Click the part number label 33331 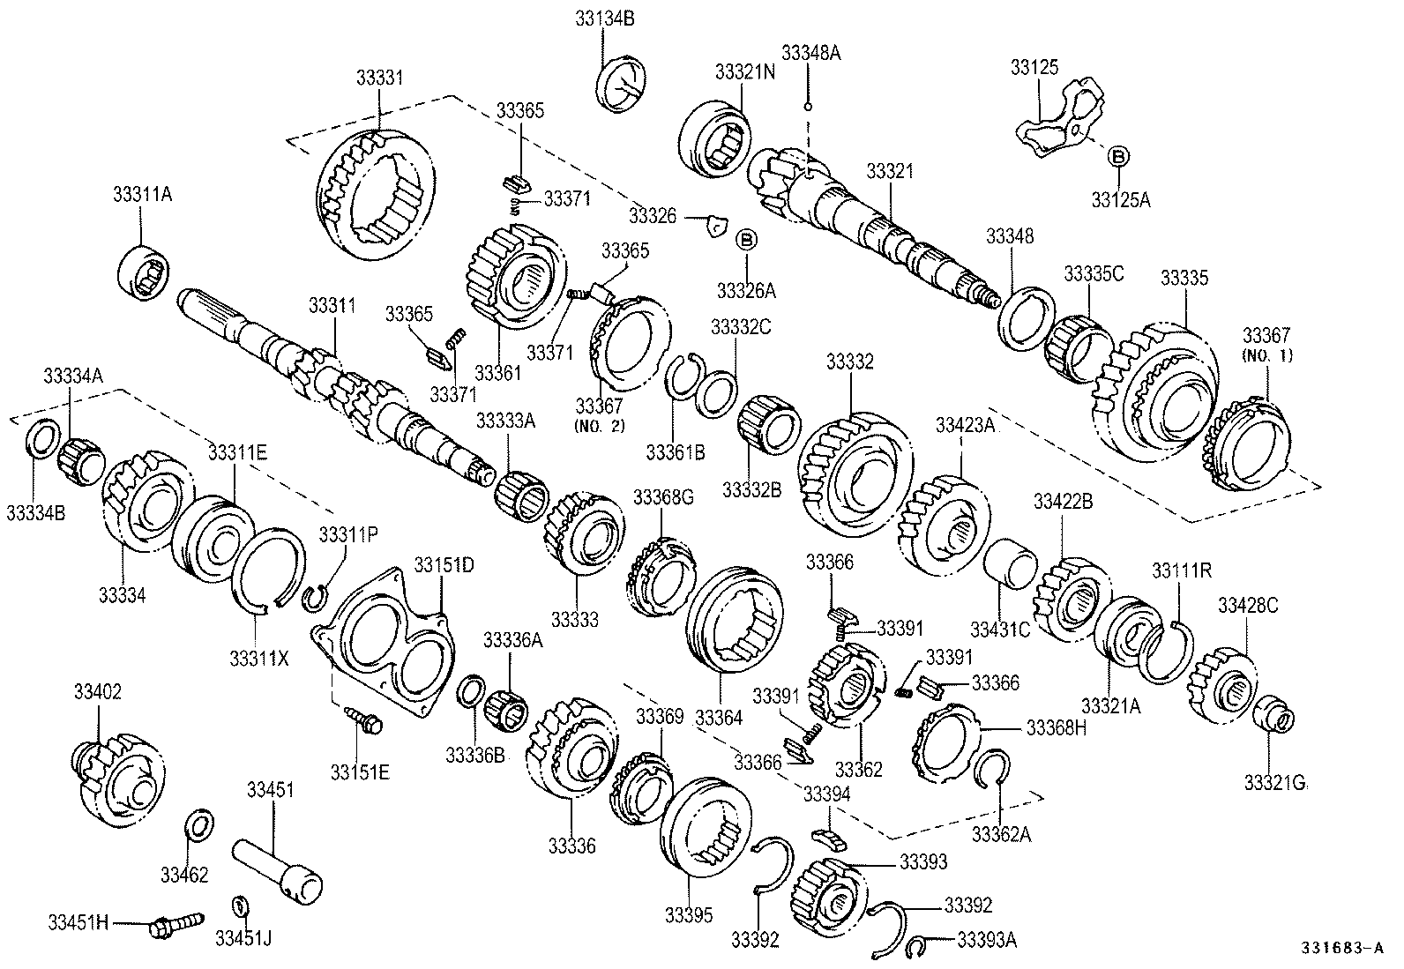click(379, 78)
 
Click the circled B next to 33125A click(1117, 157)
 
